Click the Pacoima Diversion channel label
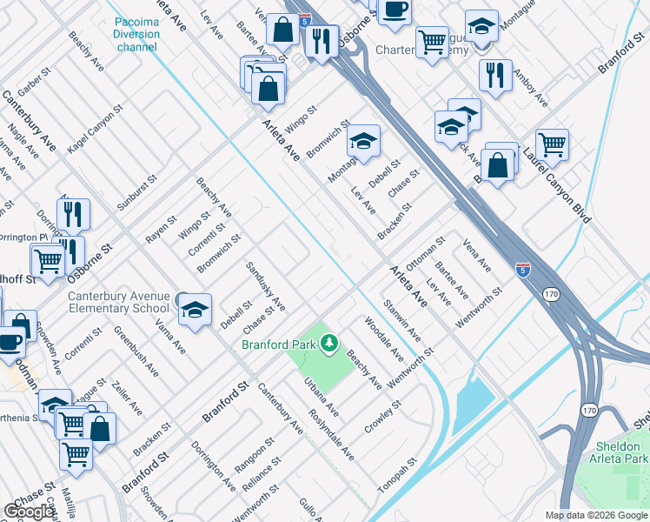pos(136,34)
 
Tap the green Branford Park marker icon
pos(328,345)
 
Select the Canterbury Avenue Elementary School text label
pos(118,302)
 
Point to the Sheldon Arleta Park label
pos(617,452)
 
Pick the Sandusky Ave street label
pos(265,286)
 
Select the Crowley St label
pos(383,418)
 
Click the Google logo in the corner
pos(30,512)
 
